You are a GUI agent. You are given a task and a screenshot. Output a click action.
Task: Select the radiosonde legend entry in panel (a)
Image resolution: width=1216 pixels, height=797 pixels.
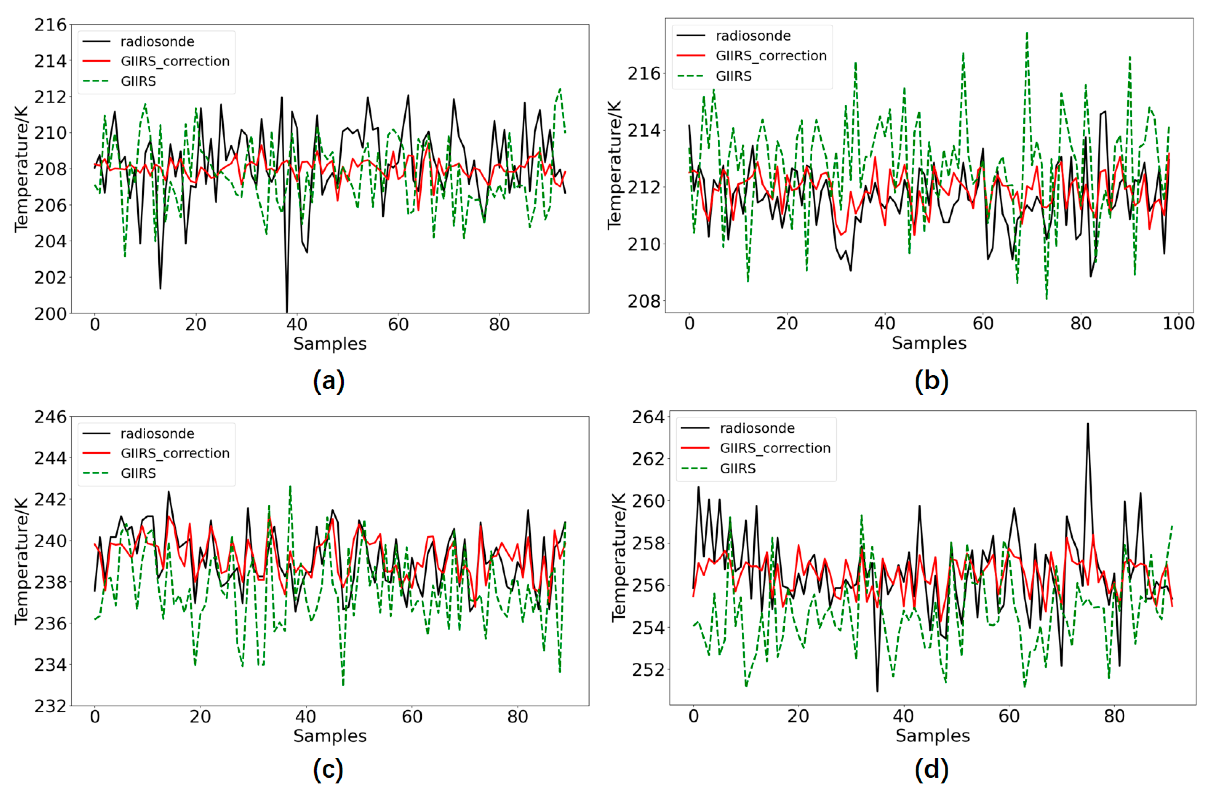click(157, 41)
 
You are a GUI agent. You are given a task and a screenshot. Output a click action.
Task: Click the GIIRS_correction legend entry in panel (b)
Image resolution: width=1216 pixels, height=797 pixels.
click(771, 56)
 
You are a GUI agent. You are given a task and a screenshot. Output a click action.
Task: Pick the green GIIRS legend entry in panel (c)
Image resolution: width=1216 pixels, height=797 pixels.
click(138, 473)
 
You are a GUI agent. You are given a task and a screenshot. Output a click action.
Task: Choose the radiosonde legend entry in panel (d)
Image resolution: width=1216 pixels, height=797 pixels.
click(757, 428)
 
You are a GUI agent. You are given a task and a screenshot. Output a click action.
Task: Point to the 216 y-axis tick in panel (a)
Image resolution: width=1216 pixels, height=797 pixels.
click(51, 25)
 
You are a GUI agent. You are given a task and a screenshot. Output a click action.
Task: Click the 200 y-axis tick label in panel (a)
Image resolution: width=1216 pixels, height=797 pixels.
click(51, 313)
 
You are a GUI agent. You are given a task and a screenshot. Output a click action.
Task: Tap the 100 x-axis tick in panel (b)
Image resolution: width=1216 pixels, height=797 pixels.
click(1178, 323)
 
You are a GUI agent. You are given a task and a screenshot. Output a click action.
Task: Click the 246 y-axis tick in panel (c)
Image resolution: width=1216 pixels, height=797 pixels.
click(51, 417)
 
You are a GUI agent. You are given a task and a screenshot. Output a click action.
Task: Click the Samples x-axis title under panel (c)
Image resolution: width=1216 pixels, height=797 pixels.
click(329, 736)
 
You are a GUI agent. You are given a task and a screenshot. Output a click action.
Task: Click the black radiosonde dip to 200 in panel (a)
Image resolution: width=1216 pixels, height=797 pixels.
click(287, 311)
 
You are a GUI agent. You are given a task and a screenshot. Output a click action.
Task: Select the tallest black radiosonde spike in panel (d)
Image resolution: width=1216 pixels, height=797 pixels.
click(1087, 424)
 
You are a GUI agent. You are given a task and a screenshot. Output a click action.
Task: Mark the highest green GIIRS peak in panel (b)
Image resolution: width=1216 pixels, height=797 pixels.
click(1026, 33)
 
